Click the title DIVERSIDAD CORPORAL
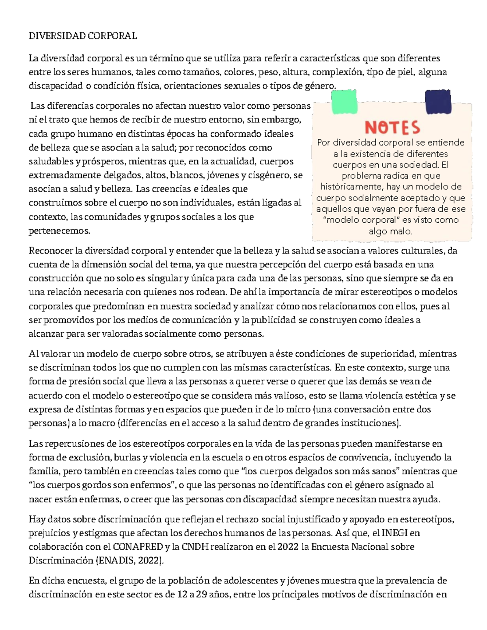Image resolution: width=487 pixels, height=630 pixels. [x=83, y=36]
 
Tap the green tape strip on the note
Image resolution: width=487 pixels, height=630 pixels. [x=344, y=102]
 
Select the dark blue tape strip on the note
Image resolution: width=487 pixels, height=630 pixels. [x=437, y=102]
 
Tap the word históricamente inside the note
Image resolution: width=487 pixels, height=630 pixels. [x=352, y=187]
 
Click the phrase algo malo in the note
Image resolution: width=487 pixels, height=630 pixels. [x=390, y=231]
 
